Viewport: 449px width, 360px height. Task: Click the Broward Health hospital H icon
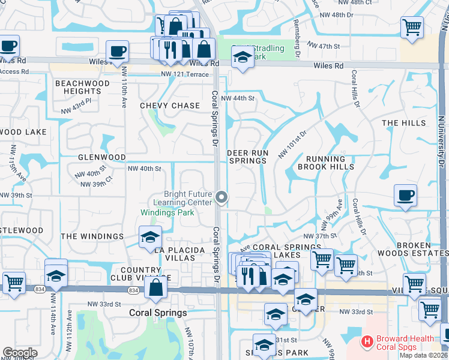(x=367, y=343)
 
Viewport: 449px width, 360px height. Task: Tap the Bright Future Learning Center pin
(x=222, y=197)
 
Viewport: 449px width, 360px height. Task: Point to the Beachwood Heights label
(x=82, y=88)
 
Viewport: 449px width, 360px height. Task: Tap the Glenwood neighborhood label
(x=101, y=157)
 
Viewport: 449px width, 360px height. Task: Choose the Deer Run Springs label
(x=247, y=157)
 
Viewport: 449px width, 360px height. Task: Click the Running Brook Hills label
(x=330, y=163)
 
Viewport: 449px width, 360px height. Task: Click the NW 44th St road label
(x=238, y=98)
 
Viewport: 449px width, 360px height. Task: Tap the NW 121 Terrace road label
(x=184, y=74)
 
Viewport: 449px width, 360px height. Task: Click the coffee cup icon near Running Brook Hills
(x=405, y=196)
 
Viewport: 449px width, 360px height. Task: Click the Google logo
(x=20, y=353)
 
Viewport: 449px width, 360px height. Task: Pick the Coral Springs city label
(x=158, y=313)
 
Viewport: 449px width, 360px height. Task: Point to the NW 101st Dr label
(x=292, y=145)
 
